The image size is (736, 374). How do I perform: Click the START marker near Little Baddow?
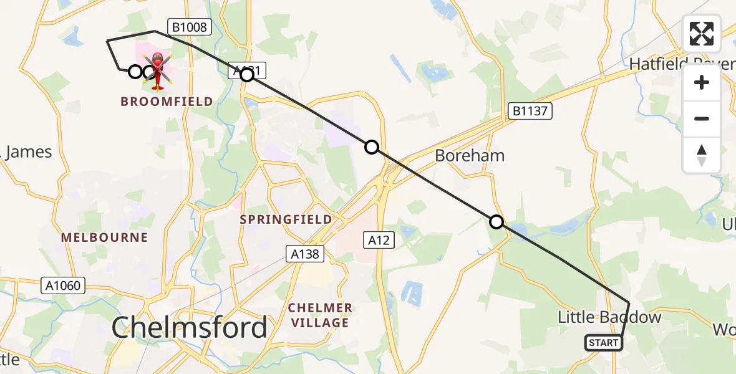click(x=604, y=342)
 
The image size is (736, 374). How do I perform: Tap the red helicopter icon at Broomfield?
click(x=158, y=70)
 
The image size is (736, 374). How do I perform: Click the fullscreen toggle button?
click(x=702, y=34)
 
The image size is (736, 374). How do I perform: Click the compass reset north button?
click(x=702, y=155)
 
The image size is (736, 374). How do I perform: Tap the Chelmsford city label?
click(x=190, y=327)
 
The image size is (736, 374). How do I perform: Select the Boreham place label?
click(x=470, y=155)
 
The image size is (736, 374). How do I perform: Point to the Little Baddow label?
click(x=609, y=317)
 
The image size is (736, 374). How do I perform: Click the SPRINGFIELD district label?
click(x=286, y=219)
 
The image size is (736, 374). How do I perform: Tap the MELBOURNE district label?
click(x=105, y=237)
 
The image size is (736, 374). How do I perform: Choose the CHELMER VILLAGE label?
click(x=319, y=315)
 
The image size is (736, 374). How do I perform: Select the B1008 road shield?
click(x=190, y=27)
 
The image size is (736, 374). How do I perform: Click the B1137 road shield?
click(x=530, y=111)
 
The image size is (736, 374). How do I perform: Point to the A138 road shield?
click(x=306, y=254)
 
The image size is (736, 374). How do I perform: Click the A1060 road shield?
click(x=63, y=285)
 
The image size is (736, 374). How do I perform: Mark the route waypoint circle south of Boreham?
click(x=496, y=222)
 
